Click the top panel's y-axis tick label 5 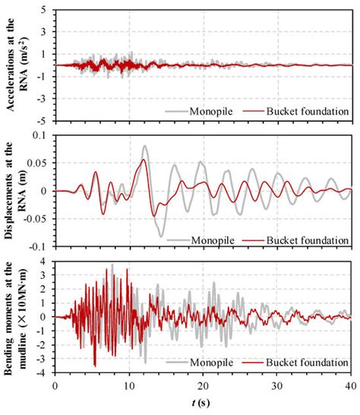tap(46, 10)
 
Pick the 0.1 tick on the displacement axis tap(41, 135)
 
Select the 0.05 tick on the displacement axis tap(39, 163)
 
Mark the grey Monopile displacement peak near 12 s tap(144, 146)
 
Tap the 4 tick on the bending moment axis tap(46, 261)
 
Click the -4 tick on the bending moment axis tap(44, 372)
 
